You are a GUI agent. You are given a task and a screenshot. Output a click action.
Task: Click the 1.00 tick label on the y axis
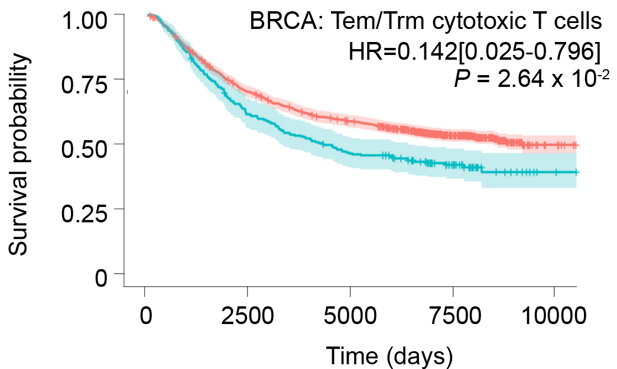(87, 24)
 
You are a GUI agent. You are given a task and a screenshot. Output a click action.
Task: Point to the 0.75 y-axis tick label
(87, 86)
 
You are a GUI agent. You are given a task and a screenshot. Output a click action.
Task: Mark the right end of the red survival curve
(577, 145)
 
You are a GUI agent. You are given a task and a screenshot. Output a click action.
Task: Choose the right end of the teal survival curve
(577, 173)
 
